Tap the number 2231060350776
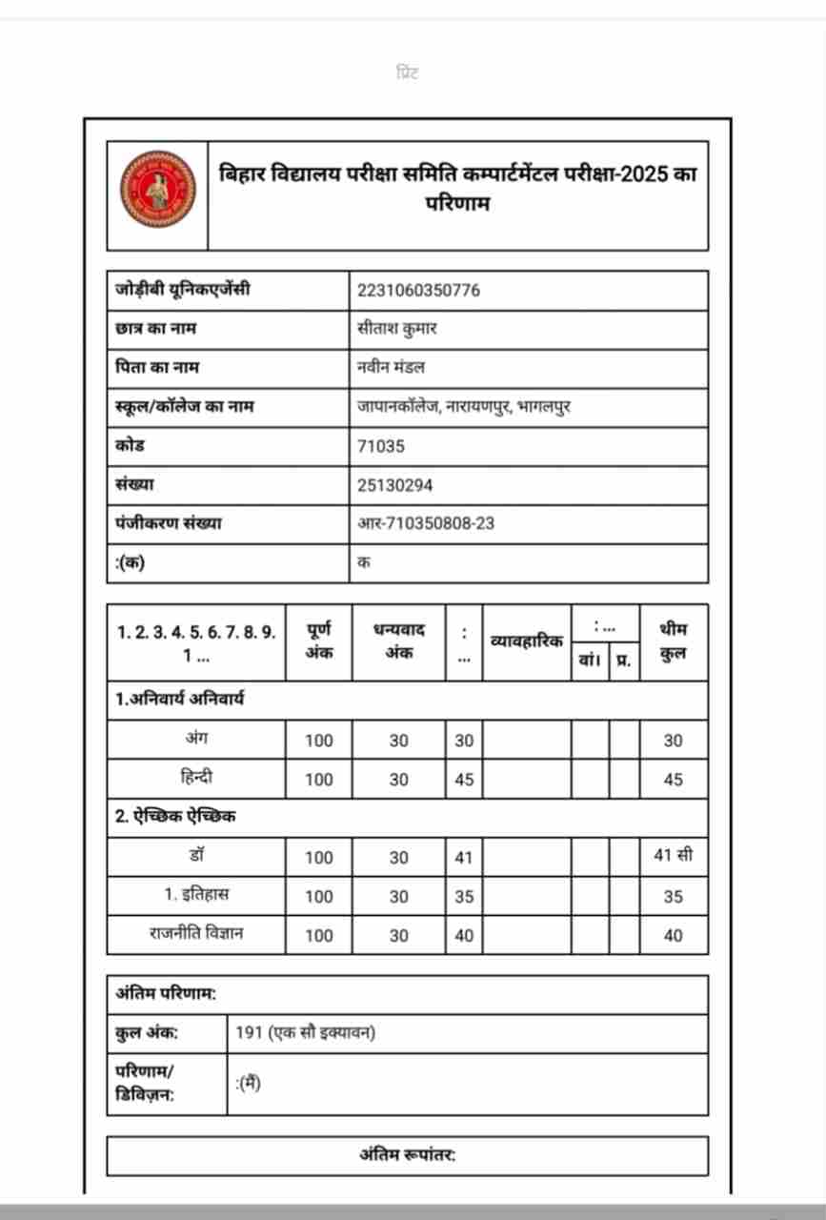(418, 291)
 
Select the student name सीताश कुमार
(397, 330)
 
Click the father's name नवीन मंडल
(391, 368)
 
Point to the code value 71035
(381, 446)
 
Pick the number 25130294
(394, 485)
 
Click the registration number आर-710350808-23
(426, 523)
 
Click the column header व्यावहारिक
(526, 641)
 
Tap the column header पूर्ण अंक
(319, 641)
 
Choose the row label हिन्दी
(195, 779)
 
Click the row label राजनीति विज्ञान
(195, 934)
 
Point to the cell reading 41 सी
(673, 856)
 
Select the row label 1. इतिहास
(195, 895)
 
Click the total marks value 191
(249, 1033)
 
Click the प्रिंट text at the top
(408, 73)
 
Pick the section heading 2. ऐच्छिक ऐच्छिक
(176, 817)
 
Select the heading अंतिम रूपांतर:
(407, 1155)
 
